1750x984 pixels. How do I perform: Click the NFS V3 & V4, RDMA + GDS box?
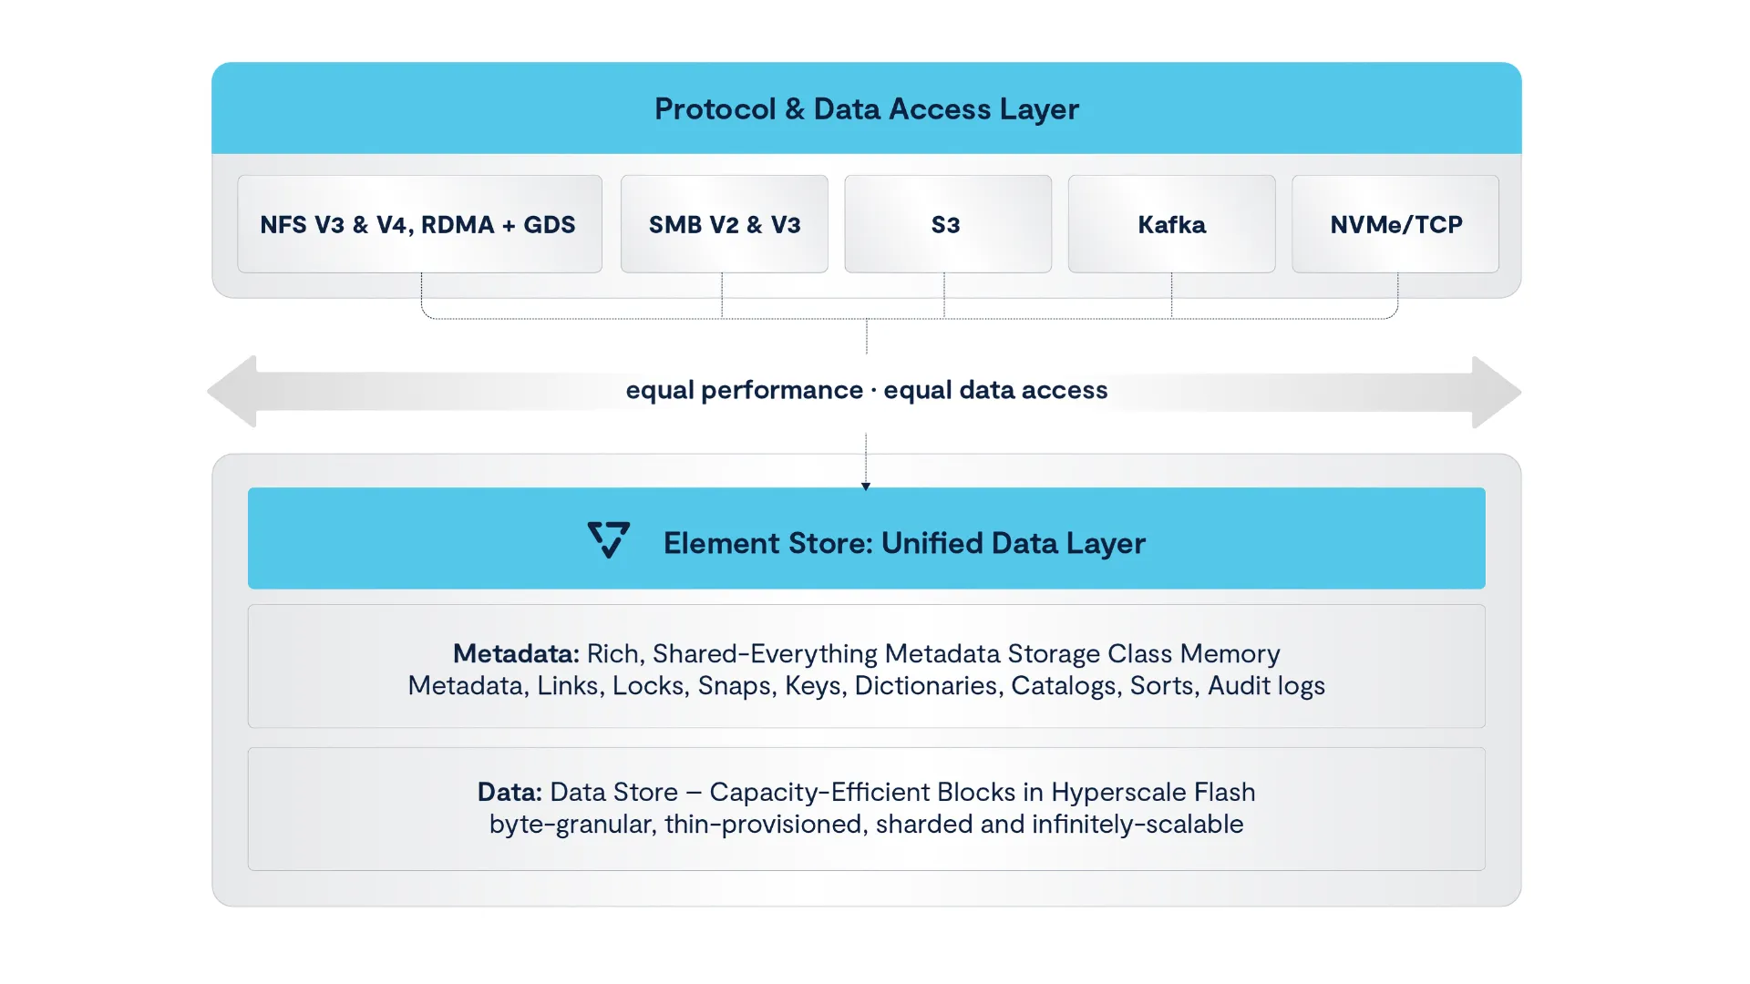tap(419, 224)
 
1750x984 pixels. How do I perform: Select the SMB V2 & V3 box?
tap(725, 224)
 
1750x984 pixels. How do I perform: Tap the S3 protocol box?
tap(948, 224)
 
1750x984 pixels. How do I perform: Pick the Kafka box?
tap(1171, 224)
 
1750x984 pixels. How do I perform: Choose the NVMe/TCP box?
tap(1395, 224)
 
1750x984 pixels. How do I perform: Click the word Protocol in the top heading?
tap(715, 109)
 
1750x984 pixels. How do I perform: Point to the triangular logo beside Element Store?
tap(609, 539)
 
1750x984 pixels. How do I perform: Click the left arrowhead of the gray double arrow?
tap(232, 392)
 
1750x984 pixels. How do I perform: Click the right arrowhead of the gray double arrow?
tap(1497, 392)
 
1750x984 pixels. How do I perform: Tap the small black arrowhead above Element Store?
tap(866, 487)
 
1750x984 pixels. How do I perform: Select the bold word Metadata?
tap(516, 653)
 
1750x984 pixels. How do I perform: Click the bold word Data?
tap(510, 792)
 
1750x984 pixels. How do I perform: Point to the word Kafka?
tap(1171, 224)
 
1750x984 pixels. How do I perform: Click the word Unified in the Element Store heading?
tap(932, 543)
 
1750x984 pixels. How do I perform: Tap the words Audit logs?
tap(1266, 686)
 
